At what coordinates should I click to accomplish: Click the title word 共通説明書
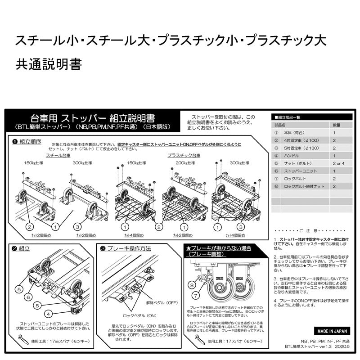pyautogui.click(x=49, y=64)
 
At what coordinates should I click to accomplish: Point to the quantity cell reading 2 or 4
pyautogui.click(x=339, y=163)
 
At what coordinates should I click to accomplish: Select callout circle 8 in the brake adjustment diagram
pyautogui.click(x=191, y=285)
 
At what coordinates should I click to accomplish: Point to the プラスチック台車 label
pyautogui.click(x=184, y=155)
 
